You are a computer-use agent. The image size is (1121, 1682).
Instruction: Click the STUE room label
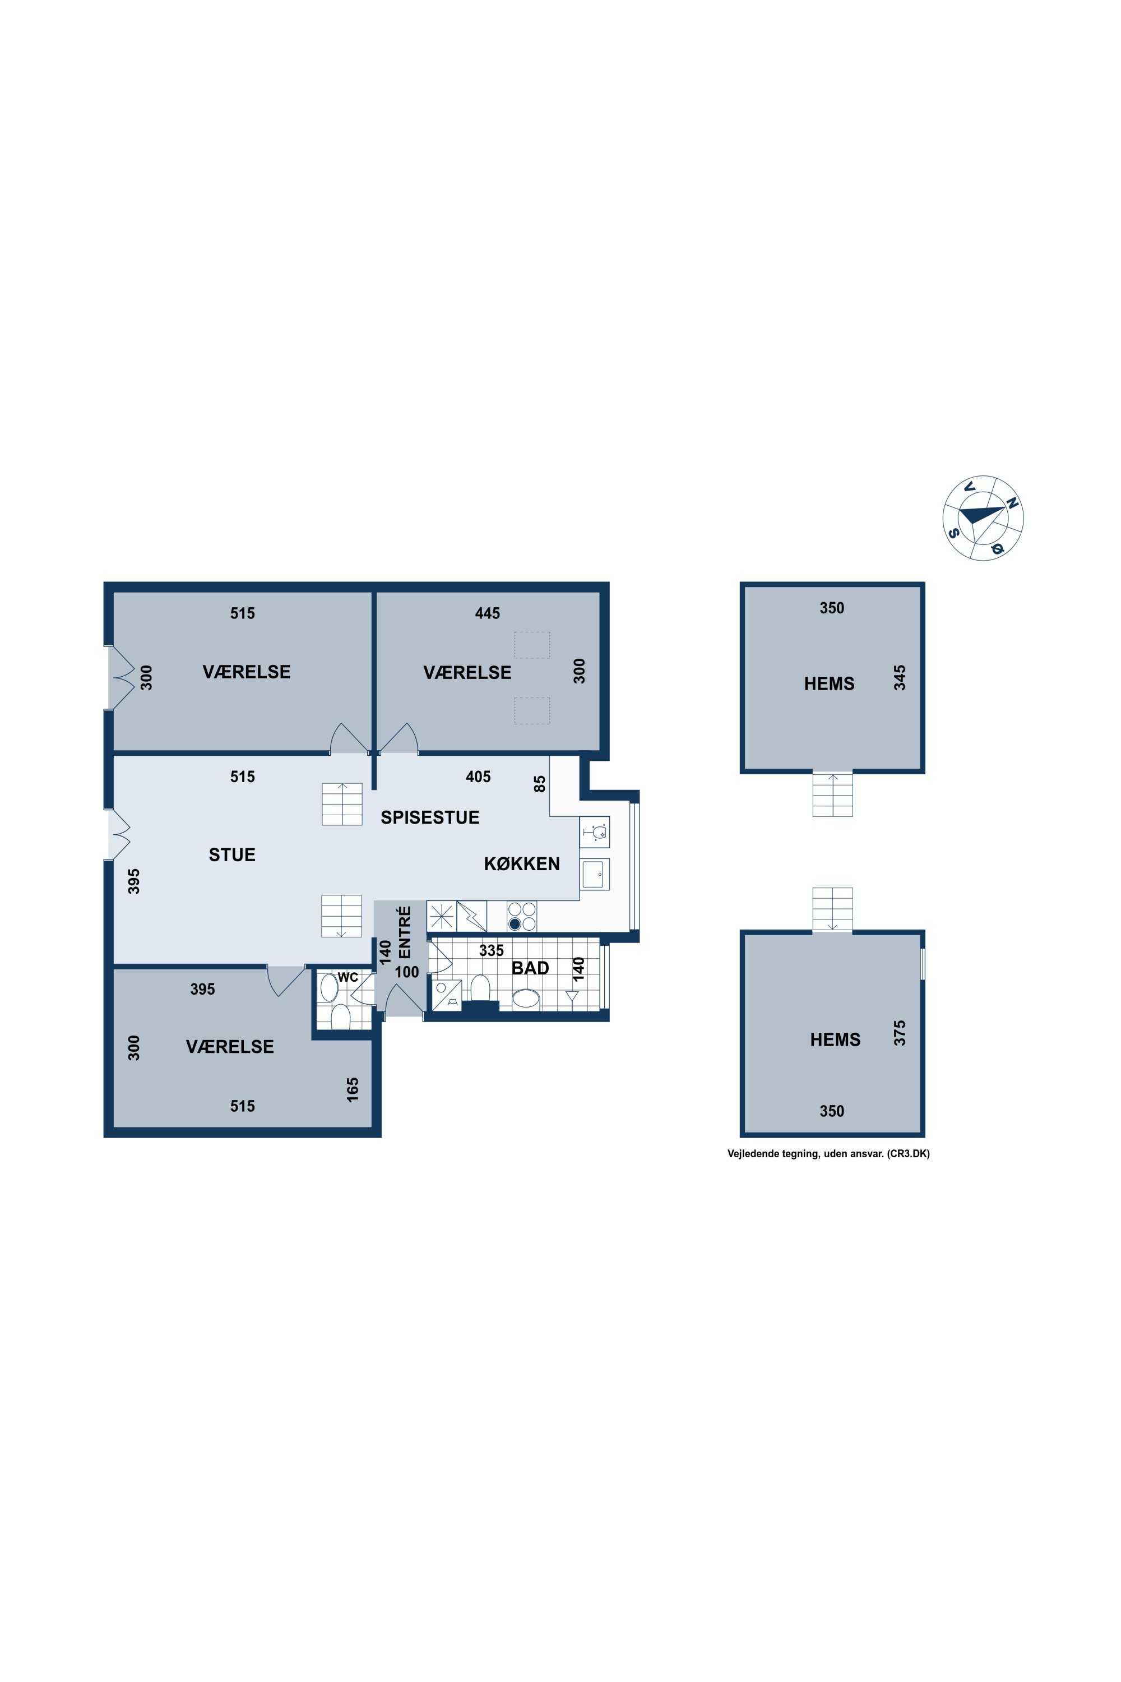tap(231, 854)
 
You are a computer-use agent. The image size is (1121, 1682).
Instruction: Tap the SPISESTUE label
tap(430, 817)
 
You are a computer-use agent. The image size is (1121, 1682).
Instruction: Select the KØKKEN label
tap(522, 864)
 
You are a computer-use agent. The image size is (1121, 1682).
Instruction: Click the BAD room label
tap(530, 968)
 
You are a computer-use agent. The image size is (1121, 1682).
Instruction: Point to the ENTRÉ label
tap(405, 932)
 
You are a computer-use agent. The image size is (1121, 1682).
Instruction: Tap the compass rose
tap(983, 517)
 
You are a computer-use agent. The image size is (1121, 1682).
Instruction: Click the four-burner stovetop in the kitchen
tap(522, 916)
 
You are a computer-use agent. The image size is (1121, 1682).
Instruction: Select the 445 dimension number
tap(488, 613)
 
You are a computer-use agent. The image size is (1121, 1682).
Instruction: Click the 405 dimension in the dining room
tap(478, 777)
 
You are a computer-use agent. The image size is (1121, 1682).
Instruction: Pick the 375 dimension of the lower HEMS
tap(900, 1033)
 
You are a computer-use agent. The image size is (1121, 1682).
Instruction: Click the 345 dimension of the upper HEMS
tap(900, 678)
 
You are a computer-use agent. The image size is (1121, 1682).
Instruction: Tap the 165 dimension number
tap(353, 1090)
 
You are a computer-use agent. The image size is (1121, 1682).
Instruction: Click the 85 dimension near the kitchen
tap(540, 784)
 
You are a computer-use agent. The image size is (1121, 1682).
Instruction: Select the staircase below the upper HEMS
tap(833, 794)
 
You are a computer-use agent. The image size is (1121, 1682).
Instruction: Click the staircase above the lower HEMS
tap(833, 909)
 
